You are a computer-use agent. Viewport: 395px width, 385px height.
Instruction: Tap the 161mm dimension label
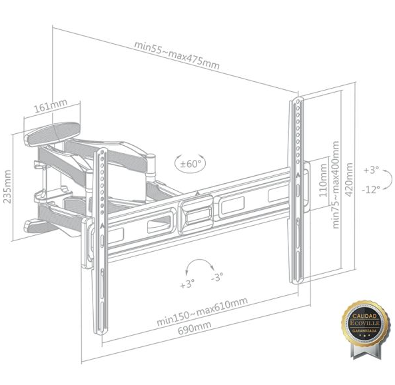pos(51,105)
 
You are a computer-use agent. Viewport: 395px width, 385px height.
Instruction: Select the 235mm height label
pos(7,187)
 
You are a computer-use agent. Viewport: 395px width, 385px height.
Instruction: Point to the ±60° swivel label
pos(191,164)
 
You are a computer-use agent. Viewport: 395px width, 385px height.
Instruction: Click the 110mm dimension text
pos(322,180)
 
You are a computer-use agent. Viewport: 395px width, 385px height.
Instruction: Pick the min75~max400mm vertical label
pos(336,185)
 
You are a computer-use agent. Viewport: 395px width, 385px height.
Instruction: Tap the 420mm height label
pos(349,179)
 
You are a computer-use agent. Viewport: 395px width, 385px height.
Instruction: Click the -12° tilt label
pos(371,189)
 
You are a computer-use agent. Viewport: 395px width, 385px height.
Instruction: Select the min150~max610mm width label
pos(202,311)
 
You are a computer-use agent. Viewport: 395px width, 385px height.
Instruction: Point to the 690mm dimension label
pos(195,328)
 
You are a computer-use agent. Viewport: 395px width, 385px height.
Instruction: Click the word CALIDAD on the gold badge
pos(364,316)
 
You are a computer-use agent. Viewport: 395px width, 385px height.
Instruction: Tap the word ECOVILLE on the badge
pos(365,323)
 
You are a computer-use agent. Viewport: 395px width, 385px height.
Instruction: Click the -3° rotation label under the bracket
pos(217,277)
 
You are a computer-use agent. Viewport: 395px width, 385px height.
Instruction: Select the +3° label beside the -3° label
pos(187,284)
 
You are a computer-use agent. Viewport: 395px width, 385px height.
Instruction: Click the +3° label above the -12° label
pos(371,170)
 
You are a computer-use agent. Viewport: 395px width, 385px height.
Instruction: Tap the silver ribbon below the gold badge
pos(364,350)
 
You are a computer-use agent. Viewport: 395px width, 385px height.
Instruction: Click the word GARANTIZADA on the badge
pos(364,330)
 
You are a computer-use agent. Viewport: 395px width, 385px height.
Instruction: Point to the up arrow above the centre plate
pos(197,194)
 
